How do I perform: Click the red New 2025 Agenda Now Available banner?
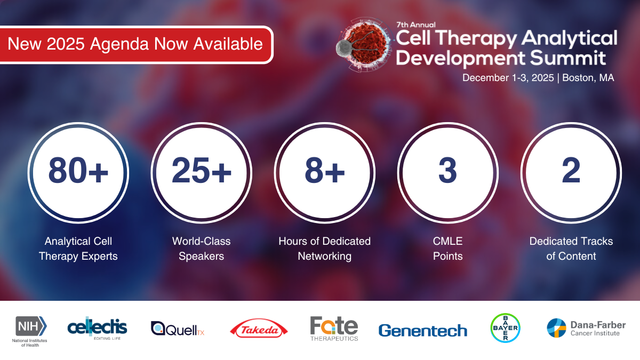tap(137, 44)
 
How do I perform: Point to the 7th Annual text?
tap(416, 25)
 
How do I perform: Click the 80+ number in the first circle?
tap(78, 171)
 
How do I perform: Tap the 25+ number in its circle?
tap(202, 171)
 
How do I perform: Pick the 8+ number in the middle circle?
tap(324, 171)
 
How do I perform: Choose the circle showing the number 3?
tap(447, 171)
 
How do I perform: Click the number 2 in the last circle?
tap(571, 171)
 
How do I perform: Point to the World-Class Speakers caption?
tap(202, 249)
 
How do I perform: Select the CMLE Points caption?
tap(447, 249)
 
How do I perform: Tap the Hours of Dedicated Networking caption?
tap(324, 249)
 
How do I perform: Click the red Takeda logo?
tap(259, 330)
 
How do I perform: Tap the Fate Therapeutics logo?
tap(334, 328)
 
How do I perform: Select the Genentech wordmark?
tap(422, 331)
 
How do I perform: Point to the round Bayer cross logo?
tap(505, 327)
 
